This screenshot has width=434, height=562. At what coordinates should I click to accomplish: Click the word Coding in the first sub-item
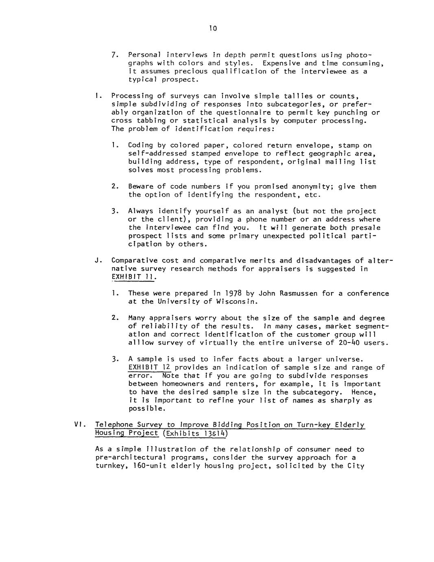click(x=141, y=145)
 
